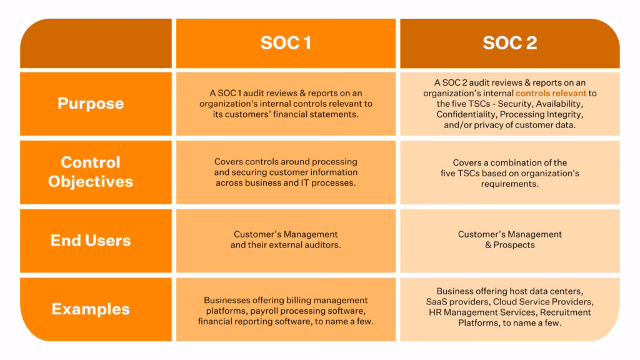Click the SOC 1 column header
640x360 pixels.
pyautogui.click(x=286, y=43)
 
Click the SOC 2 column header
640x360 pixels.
pyautogui.click(x=509, y=43)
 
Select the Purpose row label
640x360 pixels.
pyautogui.click(x=91, y=103)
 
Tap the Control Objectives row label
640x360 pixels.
pyautogui.click(x=91, y=172)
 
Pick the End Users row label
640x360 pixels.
pyautogui.click(x=91, y=241)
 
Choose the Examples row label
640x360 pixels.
pyautogui.click(x=91, y=309)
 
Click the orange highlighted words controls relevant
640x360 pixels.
pyautogui.click(x=551, y=93)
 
